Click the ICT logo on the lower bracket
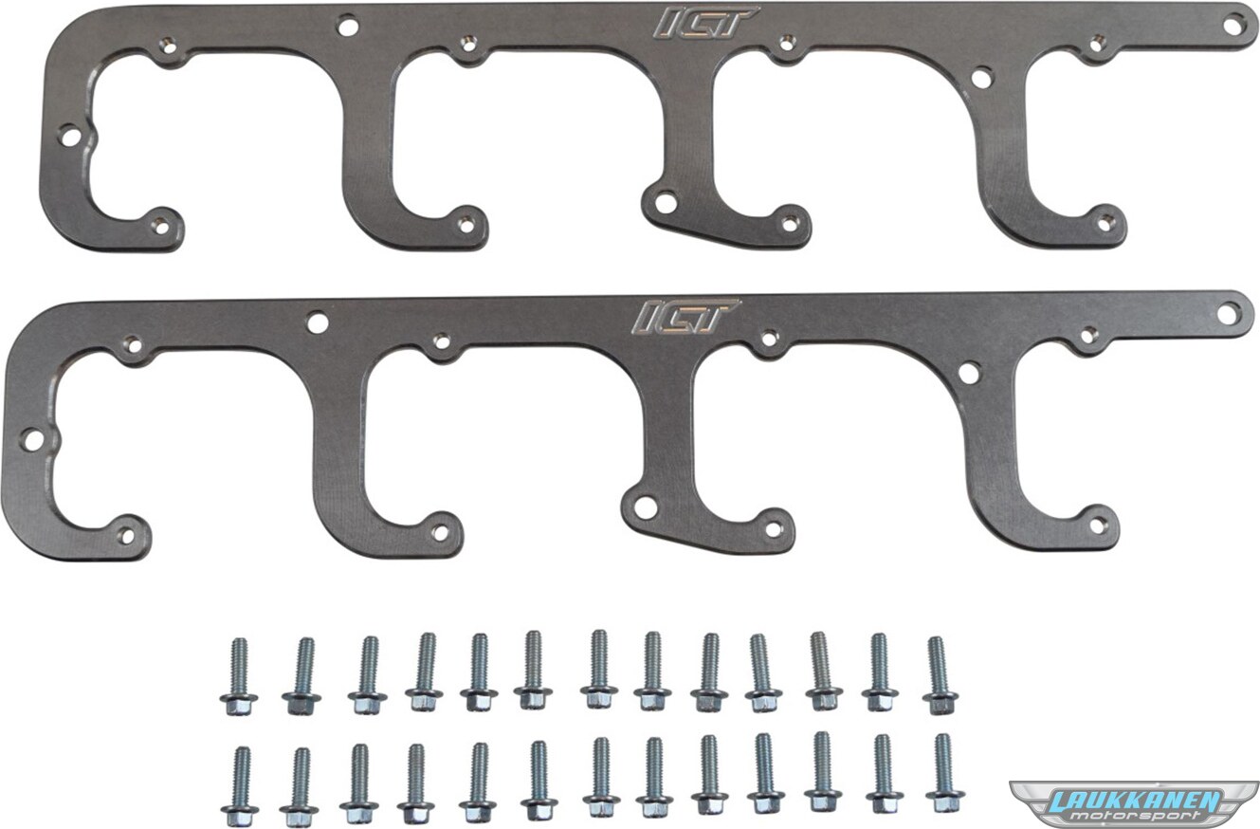pyautogui.click(x=686, y=316)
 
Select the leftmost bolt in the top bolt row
pyautogui.click(x=239, y=676)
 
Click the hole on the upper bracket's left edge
pyautogui.click(x=70, y=136)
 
